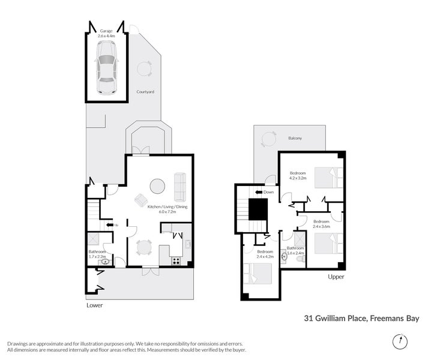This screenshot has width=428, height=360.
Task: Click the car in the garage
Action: coord(106,67)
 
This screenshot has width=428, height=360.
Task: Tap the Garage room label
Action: coord(106,31)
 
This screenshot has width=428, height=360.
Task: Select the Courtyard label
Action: coord(145,92)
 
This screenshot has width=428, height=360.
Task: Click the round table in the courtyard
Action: coord(144,68)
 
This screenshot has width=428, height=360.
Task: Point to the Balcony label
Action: coord(295,138)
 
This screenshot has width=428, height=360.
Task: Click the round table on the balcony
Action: coord(268,139)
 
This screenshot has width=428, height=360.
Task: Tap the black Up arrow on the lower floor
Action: coord(110,225)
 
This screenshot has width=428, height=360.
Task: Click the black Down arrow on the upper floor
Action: coord(259,192)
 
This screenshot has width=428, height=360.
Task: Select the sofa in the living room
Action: coord(180,187)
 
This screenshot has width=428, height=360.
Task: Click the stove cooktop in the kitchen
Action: coord(176,261)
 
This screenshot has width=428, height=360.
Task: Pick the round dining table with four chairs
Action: coord(144,248)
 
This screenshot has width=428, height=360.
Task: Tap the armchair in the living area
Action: coord(141,200)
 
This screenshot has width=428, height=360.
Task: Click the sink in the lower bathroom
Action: coord(105,262)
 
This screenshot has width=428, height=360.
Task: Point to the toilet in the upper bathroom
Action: coord(300,259)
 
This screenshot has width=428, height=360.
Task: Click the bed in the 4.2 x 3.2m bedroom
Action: coord(328,178)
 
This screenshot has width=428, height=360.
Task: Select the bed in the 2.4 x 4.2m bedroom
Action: coord(258,274)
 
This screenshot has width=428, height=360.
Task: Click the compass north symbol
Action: coord(400,341)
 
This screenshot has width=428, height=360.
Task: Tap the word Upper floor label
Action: coord(336,277)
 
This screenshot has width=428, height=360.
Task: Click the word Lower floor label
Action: coord(94,305)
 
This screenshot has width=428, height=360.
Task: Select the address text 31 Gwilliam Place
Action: coord(336,318)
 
